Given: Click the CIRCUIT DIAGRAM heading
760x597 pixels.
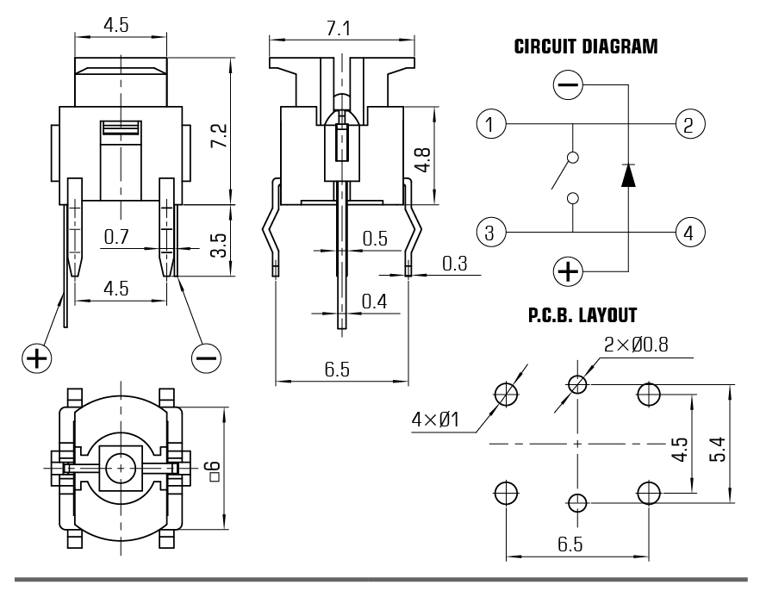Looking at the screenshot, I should pos(585,47).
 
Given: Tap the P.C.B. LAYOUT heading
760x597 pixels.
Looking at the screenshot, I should pos(582,315).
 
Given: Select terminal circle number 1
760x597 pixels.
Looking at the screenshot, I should pos(490,124).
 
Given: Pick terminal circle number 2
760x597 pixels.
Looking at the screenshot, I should pos(689,124).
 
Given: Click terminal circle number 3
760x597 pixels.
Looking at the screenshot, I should pos(490,232).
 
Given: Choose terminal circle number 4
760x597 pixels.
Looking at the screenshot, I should pos(689,232).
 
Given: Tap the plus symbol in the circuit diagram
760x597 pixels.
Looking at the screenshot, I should pos(568,272).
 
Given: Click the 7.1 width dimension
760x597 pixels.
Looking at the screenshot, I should pos(340,28).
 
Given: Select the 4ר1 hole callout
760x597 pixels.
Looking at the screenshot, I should pos(435,420).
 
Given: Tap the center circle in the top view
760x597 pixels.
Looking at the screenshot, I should pos(122,467).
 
